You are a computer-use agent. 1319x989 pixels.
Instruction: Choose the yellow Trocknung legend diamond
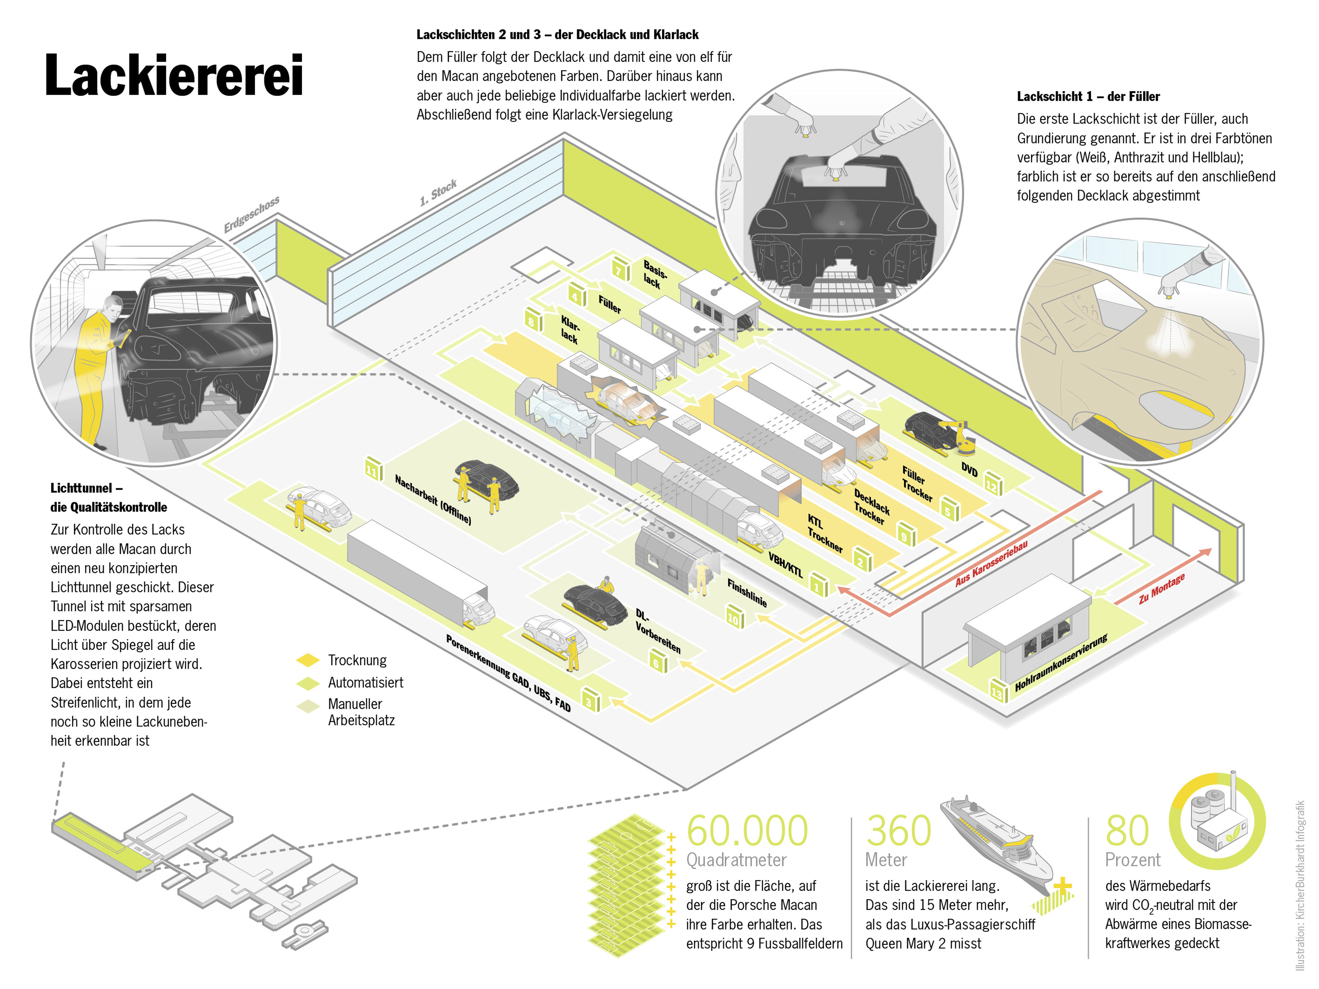tap(308, 660)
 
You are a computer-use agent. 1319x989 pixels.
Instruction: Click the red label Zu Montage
tap(1161, 589)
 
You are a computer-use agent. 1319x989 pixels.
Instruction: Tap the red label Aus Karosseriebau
tap(991, 563)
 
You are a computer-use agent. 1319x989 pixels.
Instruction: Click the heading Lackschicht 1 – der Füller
tap(1088, 97)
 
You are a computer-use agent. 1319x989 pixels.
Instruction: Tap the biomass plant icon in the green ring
tap(1216, 820)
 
